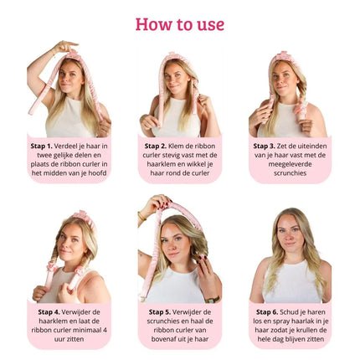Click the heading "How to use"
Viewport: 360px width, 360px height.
click(180, 23)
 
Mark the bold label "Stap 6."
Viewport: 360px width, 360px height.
click(267, 311)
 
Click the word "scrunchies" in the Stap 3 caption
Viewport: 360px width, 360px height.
click(291, 173)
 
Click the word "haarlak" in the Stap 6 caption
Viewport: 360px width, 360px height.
click(306, 321)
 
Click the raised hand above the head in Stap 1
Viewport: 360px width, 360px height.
click(64, 47)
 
